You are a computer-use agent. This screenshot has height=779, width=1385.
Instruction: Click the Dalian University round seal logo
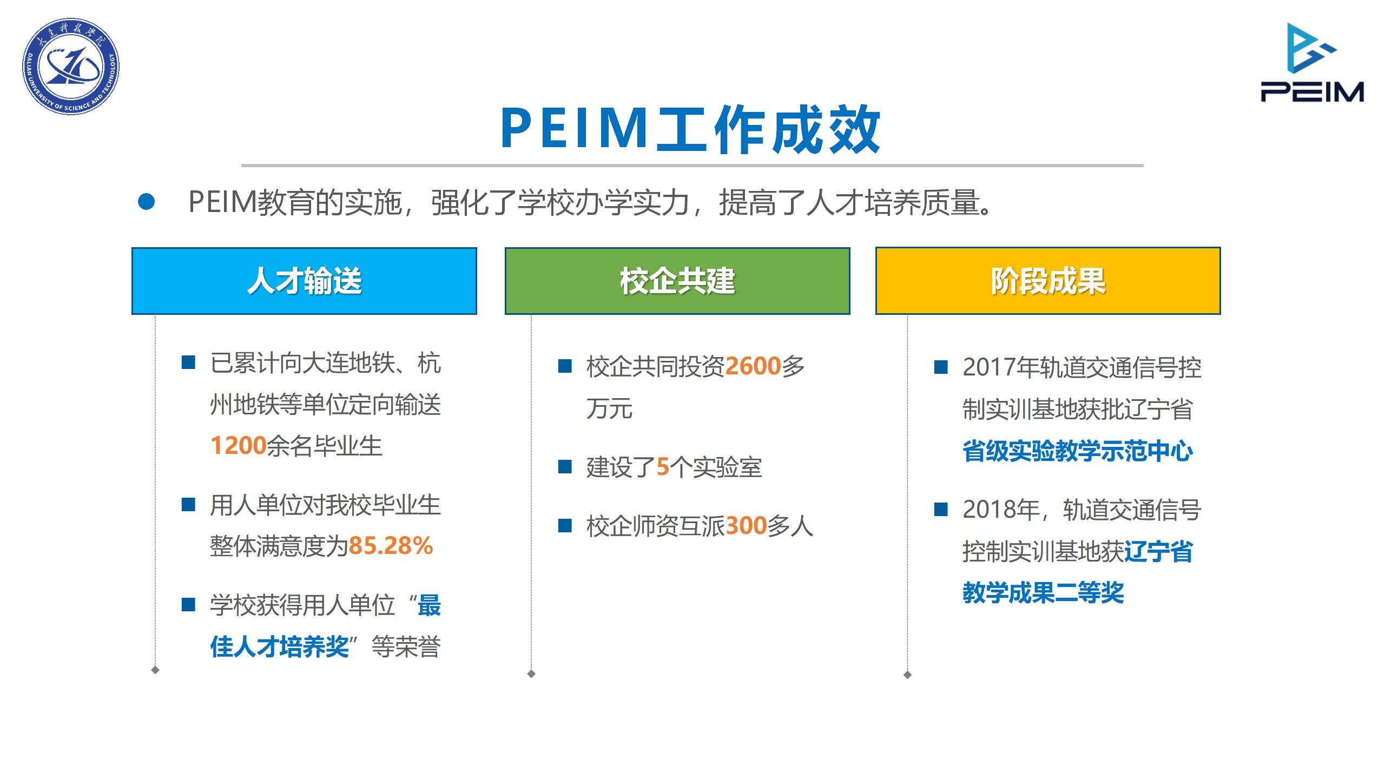pos(71,67)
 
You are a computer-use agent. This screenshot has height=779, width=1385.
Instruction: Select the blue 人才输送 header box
pos(304,281)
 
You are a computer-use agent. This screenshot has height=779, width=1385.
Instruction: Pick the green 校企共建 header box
pos(677,281)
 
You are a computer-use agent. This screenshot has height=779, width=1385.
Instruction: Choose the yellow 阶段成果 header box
pos(1048,281)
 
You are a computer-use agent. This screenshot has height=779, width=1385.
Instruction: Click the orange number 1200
pos(239,446)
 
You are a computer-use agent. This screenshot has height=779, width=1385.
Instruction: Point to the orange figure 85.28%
pos(391,545)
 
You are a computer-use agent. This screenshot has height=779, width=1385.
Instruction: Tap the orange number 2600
pos(753,366)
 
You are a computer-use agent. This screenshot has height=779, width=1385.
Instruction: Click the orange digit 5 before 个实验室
pos(663,467)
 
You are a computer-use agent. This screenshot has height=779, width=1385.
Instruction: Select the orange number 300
pos(746,525)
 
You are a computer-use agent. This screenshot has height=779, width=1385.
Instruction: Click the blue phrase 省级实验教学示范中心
pos(1078,451)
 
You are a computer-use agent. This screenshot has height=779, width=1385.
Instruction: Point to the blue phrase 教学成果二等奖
pos(1043,592)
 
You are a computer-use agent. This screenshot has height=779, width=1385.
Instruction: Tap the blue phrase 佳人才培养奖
pos(279,646)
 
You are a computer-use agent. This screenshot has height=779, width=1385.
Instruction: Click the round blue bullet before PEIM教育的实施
pos(146,202)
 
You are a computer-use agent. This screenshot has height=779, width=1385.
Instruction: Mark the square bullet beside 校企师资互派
pos(565,525)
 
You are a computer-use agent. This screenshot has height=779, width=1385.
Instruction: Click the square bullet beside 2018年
pos(941,509)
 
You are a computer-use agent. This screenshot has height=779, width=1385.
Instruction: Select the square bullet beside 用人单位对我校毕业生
pos(188,505)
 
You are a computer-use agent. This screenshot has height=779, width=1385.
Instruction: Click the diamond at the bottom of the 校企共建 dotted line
pos(531,674)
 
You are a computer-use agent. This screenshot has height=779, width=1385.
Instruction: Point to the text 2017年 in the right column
pos(999,367)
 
